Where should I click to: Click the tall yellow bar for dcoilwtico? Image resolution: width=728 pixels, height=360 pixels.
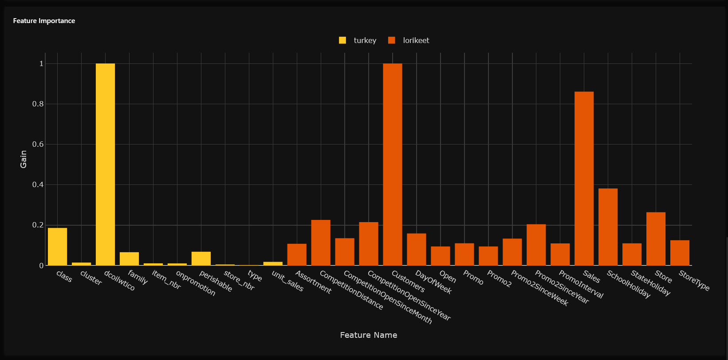tap(105, 164)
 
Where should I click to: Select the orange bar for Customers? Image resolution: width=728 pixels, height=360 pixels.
tap(393, 164)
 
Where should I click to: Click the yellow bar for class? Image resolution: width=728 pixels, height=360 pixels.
tap(57, 247)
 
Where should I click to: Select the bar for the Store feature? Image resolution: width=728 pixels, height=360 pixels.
tap(656, 239)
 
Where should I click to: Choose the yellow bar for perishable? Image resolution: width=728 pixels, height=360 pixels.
tap(201, 258)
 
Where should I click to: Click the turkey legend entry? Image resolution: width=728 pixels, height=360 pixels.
tap(358, 40)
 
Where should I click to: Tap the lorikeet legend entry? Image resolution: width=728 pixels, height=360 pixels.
tap(409, 40)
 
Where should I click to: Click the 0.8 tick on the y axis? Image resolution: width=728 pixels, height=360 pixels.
tap(39, 104)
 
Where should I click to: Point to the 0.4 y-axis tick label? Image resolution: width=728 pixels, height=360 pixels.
tap(39, 185)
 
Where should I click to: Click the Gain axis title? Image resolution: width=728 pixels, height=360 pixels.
tap(24, 159)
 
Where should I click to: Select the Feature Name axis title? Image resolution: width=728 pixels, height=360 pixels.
tap(368, 335)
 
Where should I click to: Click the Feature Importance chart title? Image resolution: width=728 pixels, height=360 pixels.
tap(44, 21)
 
